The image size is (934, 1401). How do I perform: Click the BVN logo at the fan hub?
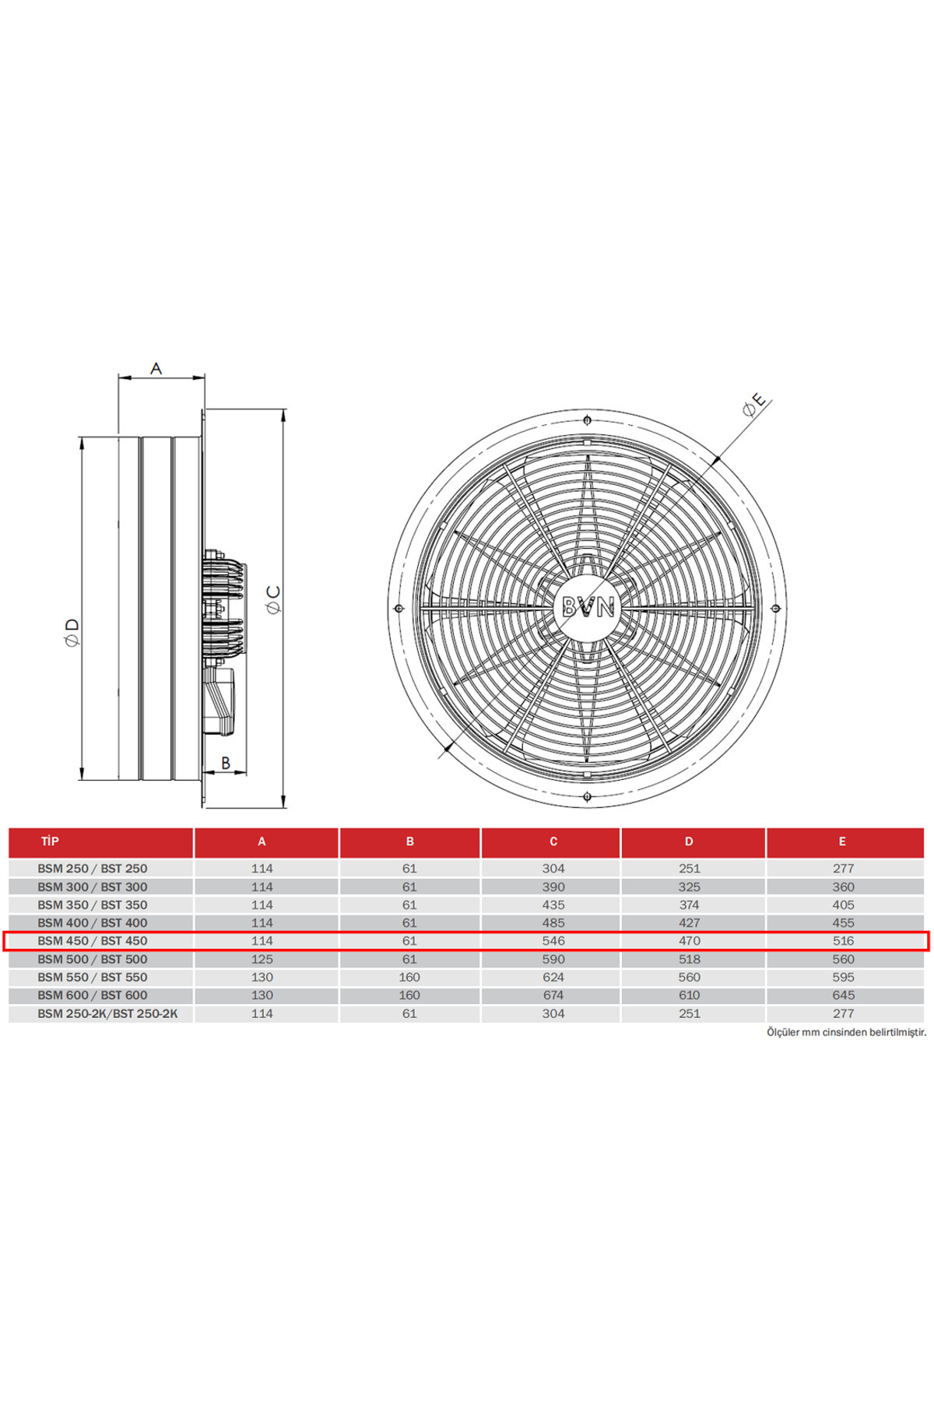pos(588,606)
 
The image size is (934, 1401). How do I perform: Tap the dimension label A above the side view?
pos(156,367)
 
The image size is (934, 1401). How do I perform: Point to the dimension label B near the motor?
pos(226,763)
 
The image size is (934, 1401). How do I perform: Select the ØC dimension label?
pos(273,599)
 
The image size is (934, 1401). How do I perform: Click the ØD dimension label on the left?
pos(72,632)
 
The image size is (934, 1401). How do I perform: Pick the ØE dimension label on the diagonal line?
pos(754,405)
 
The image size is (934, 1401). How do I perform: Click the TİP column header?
pos(50,841)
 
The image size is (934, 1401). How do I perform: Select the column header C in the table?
pos(553,841)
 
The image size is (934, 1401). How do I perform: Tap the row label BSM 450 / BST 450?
pos(93,941)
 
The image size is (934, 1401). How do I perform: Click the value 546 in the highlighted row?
pos(553,941)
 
